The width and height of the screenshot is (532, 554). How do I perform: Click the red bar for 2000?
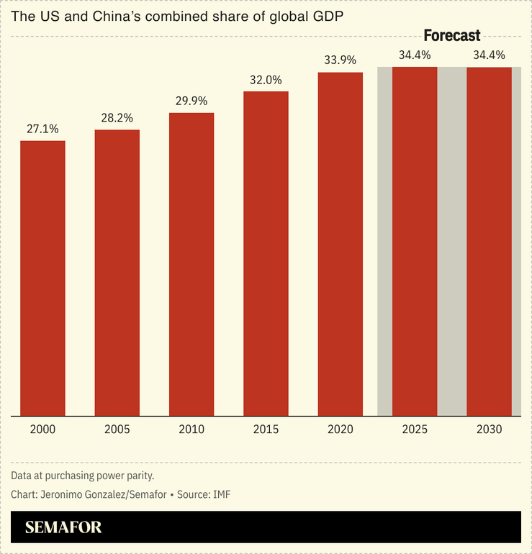(x=42, y=278)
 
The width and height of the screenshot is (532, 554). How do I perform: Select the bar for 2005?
(x=117, y=273)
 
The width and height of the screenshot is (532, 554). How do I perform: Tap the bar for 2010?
(x=191, y=264)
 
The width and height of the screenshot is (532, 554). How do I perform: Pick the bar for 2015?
(x=266, y=253)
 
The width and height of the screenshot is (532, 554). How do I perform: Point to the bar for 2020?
(x=341, y=244)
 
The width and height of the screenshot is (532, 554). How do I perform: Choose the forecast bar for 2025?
(x=415, y=241)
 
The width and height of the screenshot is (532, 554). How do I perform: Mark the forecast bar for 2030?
(x=490, y=241)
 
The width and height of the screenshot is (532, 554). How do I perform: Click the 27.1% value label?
(x=42, y=129)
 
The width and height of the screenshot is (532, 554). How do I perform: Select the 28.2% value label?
(x=117, y=118)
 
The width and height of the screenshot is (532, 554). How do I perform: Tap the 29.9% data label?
(x=191, y=101)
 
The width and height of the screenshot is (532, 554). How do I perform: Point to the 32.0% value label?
(x=266, y=80)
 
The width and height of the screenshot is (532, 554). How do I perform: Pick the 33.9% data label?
(x=341, y=60)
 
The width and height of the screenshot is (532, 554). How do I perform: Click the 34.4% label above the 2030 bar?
(x=490, y=55)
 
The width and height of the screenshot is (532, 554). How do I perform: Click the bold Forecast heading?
(x=451, y=35)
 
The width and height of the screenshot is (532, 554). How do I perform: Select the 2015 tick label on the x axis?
(x=266, y=430)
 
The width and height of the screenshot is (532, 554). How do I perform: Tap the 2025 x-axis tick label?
(x=415, y=430)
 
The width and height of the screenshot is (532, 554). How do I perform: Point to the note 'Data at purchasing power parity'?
(x=83, y=476)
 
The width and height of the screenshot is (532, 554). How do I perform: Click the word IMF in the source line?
(x=220, y=494)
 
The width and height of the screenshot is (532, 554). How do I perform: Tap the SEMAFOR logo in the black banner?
(x=63, y=527)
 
